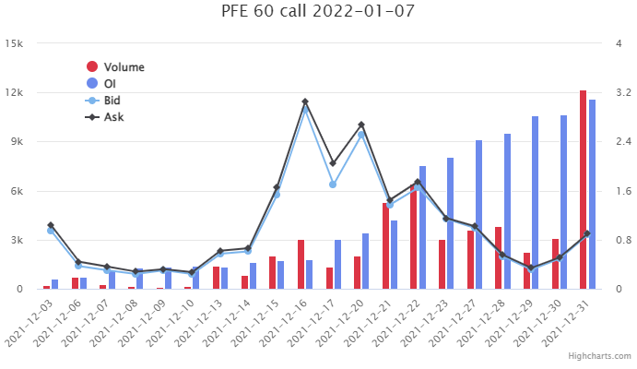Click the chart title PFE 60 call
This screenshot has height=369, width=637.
(x=318, y=12)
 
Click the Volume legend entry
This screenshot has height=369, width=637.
(x=124, y=67)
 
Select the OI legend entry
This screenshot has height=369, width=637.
(x=109, y=84)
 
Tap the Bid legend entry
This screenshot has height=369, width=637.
(x=111, y=101)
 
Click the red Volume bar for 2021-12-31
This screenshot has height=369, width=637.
(x=583, y=190)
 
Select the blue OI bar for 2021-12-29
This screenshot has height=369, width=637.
(x=535, y=203)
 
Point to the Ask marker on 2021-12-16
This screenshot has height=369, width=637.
(x=305, y=101)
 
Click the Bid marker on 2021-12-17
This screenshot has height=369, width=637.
(x=333, y=184)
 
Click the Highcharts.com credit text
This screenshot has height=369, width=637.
(x=599, y=355)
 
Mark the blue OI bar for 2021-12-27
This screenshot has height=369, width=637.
(x=478, y=215)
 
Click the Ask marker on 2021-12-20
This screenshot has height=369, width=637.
(x=361, y=125)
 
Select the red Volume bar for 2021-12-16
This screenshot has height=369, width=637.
(x=301, y=265)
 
